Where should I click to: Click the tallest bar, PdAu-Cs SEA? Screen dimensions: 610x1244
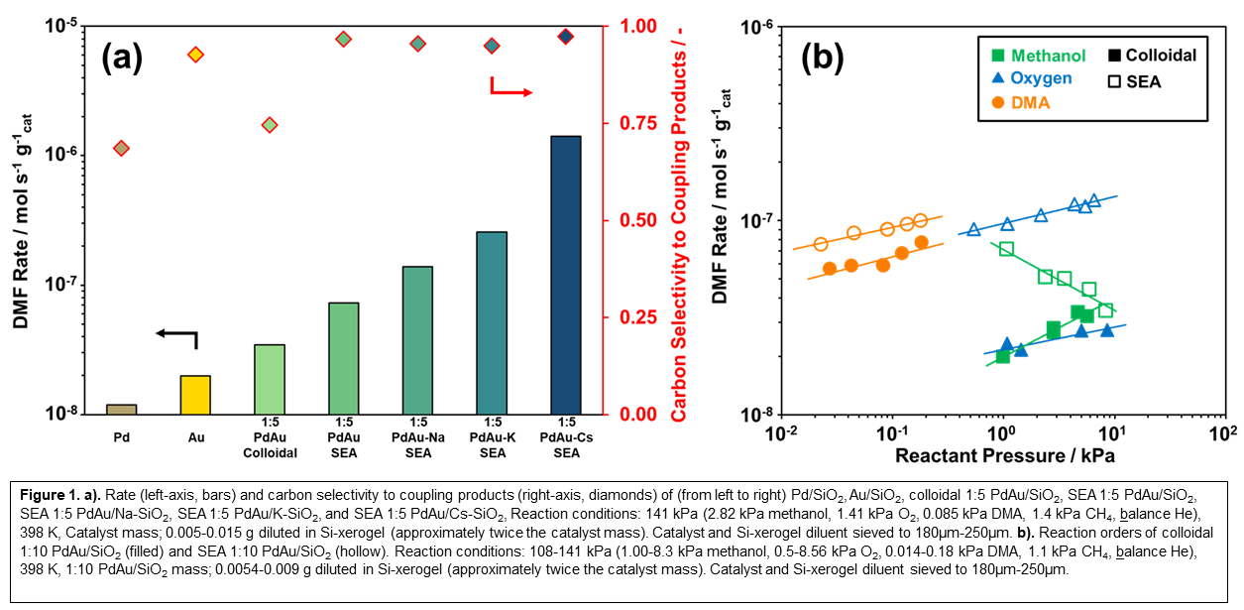[565, 275]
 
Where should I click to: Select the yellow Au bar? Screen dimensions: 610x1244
[195, 395]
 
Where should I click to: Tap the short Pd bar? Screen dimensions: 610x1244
[121, 409]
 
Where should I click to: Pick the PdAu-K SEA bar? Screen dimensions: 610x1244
[491, 322]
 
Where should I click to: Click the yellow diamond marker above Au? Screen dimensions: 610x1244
[195, 55]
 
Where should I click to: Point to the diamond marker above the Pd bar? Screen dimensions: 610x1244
[121, 148]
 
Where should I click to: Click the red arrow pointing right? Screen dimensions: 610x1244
[510, 90]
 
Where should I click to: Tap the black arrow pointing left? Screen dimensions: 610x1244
[178, 336]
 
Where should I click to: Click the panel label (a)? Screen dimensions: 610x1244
[122, 59]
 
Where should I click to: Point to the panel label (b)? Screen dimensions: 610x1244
[822, 60]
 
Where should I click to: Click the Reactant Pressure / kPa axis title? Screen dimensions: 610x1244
[1004, 456]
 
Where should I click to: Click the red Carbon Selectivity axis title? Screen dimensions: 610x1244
[679, 220]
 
